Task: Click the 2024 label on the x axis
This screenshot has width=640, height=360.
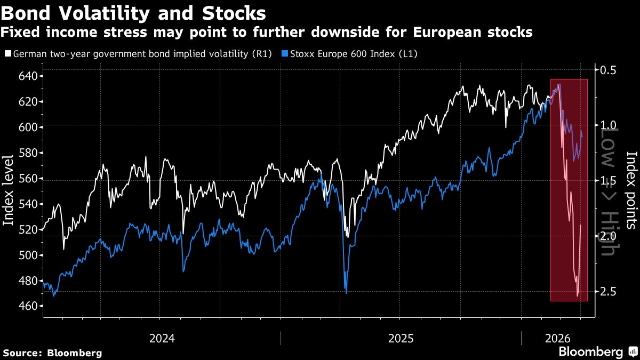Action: point(162,338)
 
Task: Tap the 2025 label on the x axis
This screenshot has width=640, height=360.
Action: point(401,338)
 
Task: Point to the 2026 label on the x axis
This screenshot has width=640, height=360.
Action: point(557,338)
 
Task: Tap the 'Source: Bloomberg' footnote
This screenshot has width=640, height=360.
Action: point(52,353)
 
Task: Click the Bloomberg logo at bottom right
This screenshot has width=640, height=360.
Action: point(597,352)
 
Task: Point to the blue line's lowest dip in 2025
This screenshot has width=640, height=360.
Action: point(346,293)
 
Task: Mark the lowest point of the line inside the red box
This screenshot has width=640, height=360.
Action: point(578,295)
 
